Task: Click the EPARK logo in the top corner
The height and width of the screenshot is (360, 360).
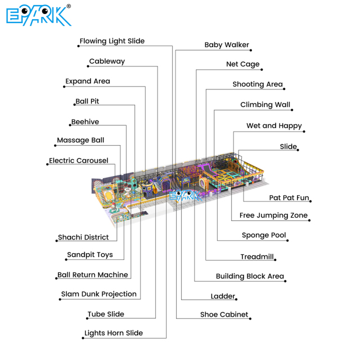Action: pos(39,15)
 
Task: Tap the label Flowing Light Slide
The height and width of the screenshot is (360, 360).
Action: pos(112,41)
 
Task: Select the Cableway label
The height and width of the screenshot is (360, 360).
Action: pos(107,61)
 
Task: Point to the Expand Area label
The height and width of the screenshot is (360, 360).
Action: pos(88,81)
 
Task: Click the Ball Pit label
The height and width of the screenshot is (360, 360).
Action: pos(87,101)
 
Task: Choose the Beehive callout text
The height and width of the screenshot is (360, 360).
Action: pos(85,121)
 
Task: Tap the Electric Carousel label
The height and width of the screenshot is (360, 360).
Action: pos(79,160)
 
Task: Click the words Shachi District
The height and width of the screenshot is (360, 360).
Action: pos(83,237)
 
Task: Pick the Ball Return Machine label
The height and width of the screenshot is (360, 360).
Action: pos(92,275)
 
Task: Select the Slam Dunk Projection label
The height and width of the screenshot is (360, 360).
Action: pos(99,294)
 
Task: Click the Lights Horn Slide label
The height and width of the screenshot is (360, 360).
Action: pos(114,333)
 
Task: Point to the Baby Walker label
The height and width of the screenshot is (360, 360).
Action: pos(227,45)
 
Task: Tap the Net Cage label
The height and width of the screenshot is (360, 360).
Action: pos(242,64)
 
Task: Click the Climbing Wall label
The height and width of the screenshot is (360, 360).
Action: pos(265,105)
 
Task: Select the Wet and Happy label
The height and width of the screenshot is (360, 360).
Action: pos(274,126)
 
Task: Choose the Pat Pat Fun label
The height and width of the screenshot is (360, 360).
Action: pos(289,197)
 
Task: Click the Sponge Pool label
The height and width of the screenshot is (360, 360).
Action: pos(264,235)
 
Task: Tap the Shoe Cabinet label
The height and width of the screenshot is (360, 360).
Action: pos(224,314)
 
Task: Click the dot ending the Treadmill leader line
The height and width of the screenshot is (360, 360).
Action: pos(275,260)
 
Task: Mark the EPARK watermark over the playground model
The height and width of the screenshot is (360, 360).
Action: pos(186,196)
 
